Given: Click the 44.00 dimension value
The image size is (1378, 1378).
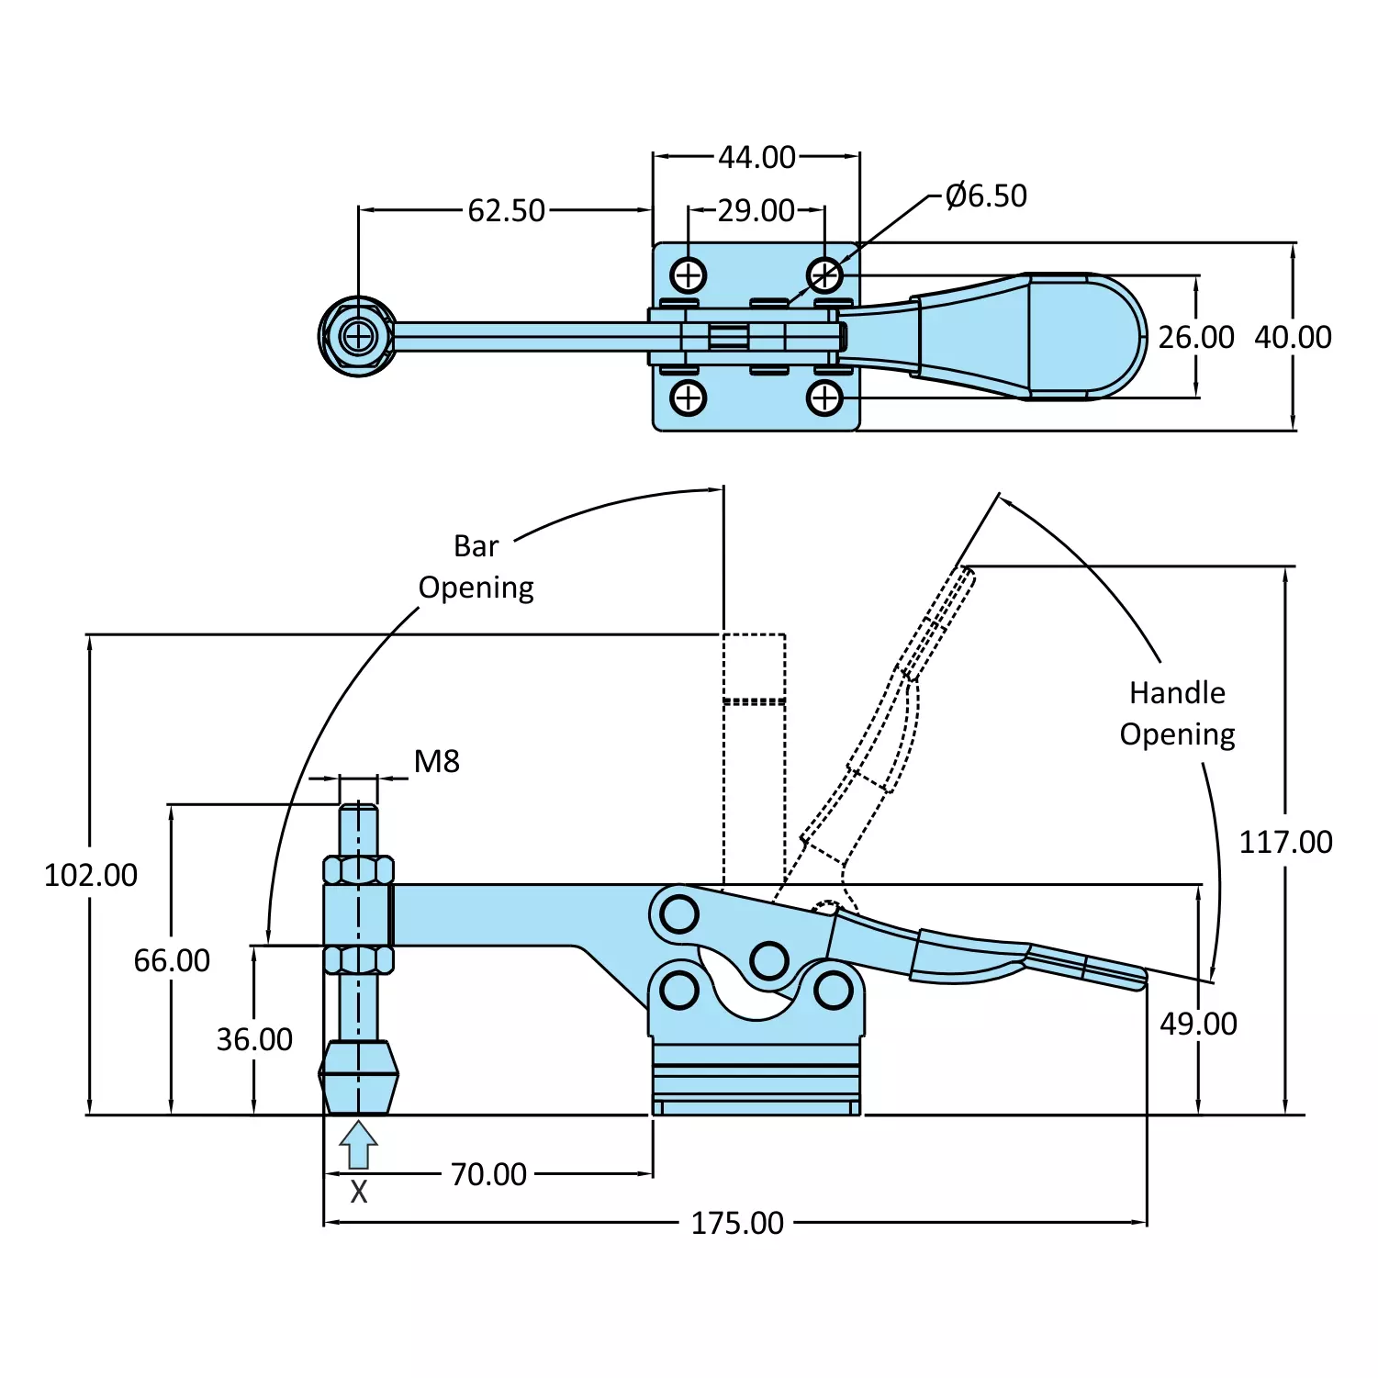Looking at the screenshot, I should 756,157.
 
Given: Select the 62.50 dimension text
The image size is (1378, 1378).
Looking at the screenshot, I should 506,210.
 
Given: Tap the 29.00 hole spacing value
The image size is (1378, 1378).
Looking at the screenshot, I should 756,210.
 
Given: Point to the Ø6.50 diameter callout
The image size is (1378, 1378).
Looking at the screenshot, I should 986,196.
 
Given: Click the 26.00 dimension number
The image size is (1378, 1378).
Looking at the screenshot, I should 1195,337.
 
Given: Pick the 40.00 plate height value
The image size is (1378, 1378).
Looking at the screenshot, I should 1293,337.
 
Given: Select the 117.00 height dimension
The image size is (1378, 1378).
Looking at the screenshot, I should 1285,842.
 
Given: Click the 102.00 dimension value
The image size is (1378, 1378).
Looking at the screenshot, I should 91,875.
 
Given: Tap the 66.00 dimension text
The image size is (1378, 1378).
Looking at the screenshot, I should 172,960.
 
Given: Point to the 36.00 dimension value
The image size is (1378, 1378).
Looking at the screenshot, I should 254,1039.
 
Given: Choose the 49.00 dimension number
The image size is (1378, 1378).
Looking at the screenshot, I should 1198,1024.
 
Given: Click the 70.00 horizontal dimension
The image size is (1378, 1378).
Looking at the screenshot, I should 488,1174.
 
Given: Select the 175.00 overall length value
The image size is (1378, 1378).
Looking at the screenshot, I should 737,1223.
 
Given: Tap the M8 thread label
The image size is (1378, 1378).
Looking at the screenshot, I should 436,761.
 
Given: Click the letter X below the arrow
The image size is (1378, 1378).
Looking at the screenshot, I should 359,1192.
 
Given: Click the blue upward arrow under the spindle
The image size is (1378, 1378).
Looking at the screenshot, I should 358,1144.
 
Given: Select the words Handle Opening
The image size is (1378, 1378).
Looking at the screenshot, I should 1177,713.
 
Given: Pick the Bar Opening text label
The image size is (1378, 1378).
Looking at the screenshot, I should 476,566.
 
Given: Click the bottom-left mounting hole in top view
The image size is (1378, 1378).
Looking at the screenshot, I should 688,398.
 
